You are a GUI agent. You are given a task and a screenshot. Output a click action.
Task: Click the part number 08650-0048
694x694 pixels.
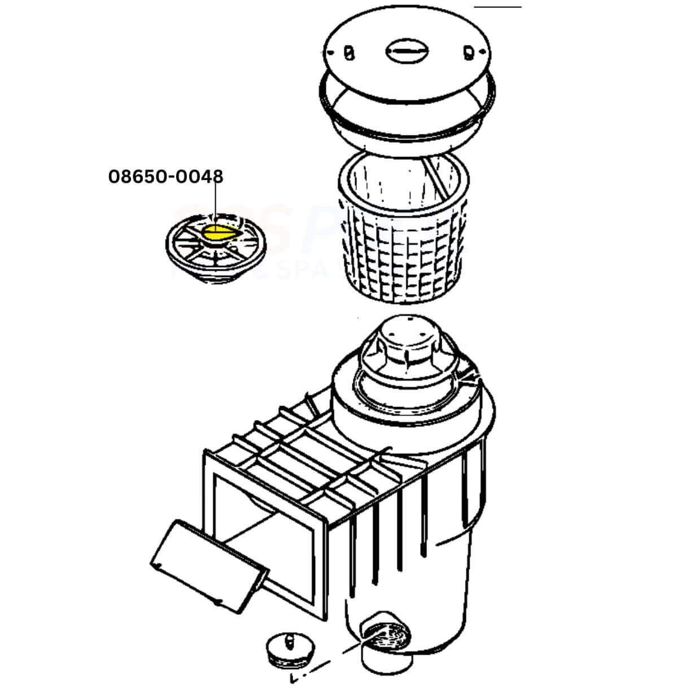click(165, 177)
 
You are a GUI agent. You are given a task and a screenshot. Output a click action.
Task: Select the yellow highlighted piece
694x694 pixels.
click(220, 232)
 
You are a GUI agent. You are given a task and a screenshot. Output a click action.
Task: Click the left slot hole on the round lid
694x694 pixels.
click(348, 53)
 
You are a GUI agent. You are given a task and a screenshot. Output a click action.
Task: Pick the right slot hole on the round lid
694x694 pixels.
click(468, 53)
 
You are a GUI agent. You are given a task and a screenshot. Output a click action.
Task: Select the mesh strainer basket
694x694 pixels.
click(402, 237)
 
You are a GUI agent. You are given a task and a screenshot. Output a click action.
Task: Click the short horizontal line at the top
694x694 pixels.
click(497, 7)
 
